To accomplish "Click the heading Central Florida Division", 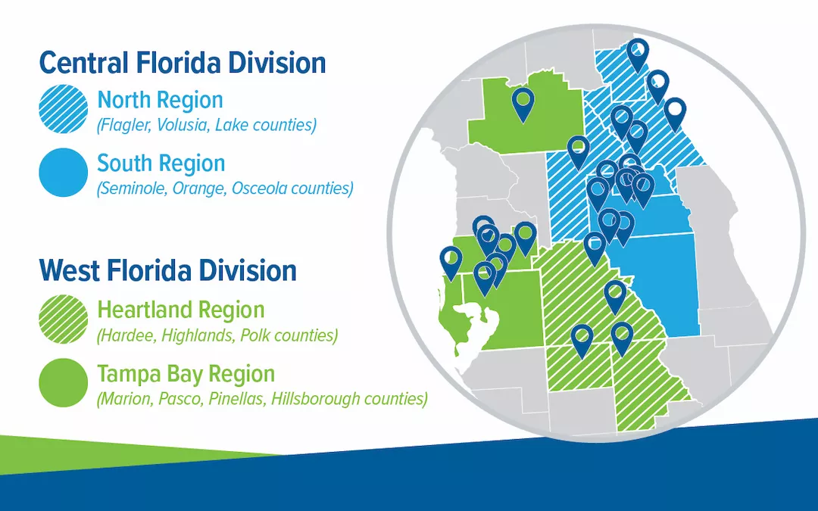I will pyautogui.click(x=183, y=63).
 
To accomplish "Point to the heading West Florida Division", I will pyautogui.click(x=167, y=270).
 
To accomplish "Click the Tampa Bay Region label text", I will pyautogui.click(x=186, y=373).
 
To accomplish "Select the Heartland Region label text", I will pyautogui.click(x=181, y=310).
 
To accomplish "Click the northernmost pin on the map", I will pyautogui.click(x=638, y=53).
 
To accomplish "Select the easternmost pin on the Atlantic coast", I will pyautogui.click(x=674, y=114).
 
